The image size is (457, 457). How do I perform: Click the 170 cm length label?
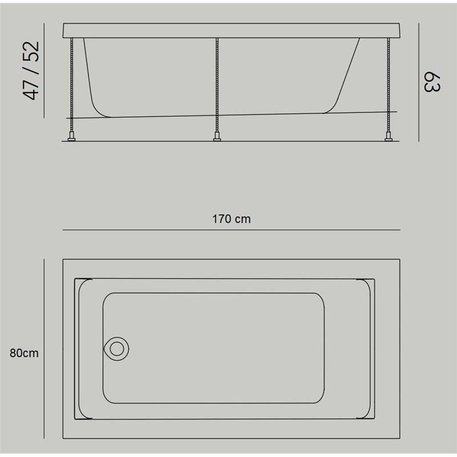point(231,219)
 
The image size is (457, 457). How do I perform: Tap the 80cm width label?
point(24,353)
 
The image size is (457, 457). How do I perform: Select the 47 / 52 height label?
point(31,70)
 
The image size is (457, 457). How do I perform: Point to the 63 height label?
point(432,82)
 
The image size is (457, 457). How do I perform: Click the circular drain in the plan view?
point(117,349)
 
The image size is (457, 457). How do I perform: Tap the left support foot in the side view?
point(71,137)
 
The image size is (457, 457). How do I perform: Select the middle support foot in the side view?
point(217,137)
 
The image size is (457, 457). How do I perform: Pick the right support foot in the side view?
point(388,137)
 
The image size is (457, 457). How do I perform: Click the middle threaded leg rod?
point(217,85)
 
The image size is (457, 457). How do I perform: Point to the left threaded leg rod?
point(72,85)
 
